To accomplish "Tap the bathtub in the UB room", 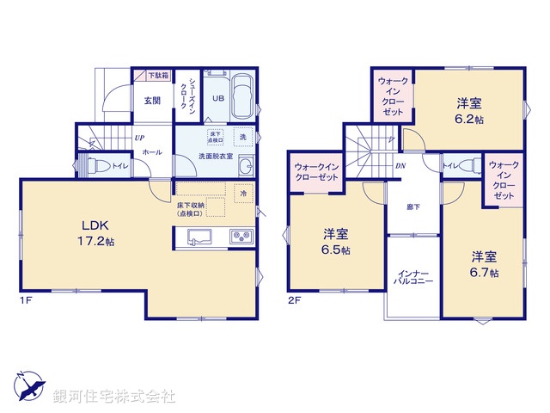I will pyautogui.click(x=241, y=96).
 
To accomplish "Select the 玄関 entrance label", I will pyautogui.click(x=152, y=100).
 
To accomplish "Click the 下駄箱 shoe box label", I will pyautogui.click(x=156, y=76).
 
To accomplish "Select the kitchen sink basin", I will pyautogui.click(x=192, y=237).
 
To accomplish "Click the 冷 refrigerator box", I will pyautogui.click(x=243, y=194).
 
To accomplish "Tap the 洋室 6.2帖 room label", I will pyautogui.click(x=469, y=111).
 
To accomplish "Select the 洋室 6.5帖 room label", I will pyautogui.click(x=336, y=242).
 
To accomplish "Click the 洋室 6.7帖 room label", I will pyautogui.click(x=483, y=264).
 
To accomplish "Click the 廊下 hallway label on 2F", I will pyautogui.click(x=413, y=206).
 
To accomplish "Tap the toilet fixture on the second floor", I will pyautogui.click(x=465, y=165).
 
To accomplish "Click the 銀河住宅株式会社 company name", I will pyautogui.click(x=113, y=396).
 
